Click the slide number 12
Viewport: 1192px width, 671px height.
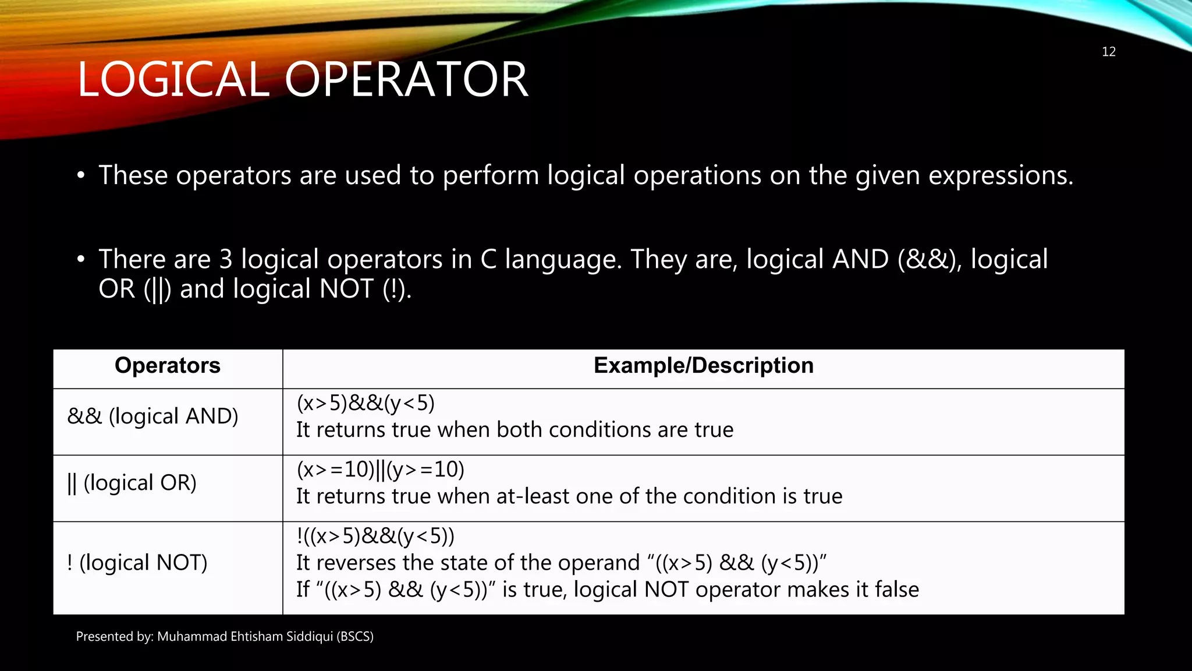[1108, 52]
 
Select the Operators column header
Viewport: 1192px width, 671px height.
[168, 366]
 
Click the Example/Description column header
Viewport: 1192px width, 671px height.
[703, 366]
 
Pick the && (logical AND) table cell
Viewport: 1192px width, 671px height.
[152, 416]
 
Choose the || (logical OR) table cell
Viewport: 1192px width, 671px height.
[132, 483]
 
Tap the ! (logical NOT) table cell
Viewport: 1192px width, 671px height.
[137, 563]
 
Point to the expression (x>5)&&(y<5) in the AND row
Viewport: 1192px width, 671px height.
[366, 403]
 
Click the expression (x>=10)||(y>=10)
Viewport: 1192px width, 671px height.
[381, 469]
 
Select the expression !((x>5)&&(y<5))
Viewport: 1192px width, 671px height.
[375, 536]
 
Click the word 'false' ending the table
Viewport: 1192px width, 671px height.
[896, 589]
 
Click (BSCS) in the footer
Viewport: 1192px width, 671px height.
[355, 637]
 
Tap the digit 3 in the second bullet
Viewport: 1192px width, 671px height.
[226, 260]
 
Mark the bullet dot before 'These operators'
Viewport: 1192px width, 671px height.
[81, 175]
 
